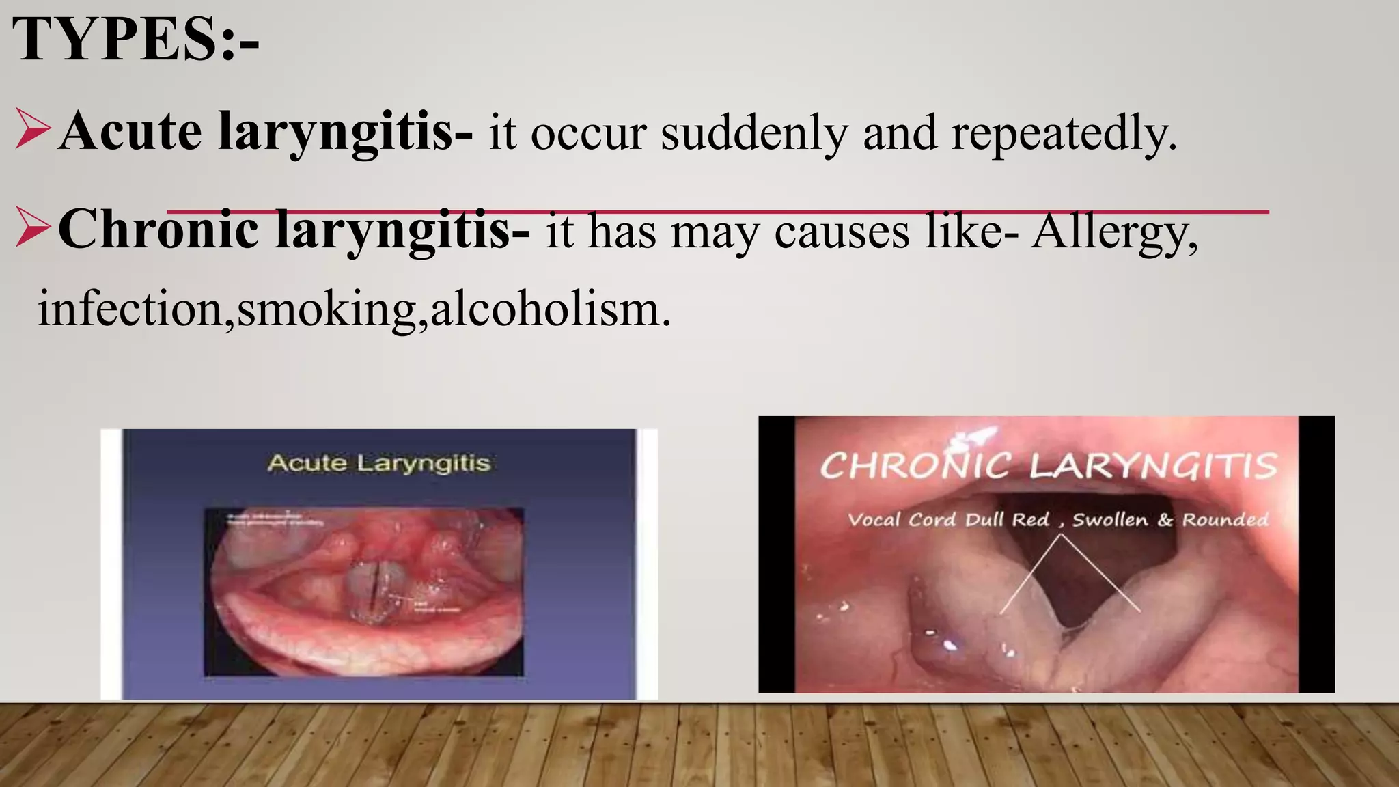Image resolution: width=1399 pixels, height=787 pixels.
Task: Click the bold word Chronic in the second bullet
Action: click(x=158, y=230)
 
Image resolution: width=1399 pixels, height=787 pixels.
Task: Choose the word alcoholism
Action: click(x=550, y=309)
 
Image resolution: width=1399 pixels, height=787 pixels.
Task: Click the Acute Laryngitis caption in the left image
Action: click(x=379, y=463)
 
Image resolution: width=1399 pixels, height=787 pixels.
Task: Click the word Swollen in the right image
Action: click(x=1110, y=520)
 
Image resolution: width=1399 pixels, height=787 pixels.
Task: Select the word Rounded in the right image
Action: click(x=1225, y=520)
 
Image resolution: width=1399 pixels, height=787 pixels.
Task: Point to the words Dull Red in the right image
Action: click(x=1007, y=520)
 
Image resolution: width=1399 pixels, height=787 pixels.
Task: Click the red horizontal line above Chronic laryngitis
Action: click(x=717, y=212)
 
